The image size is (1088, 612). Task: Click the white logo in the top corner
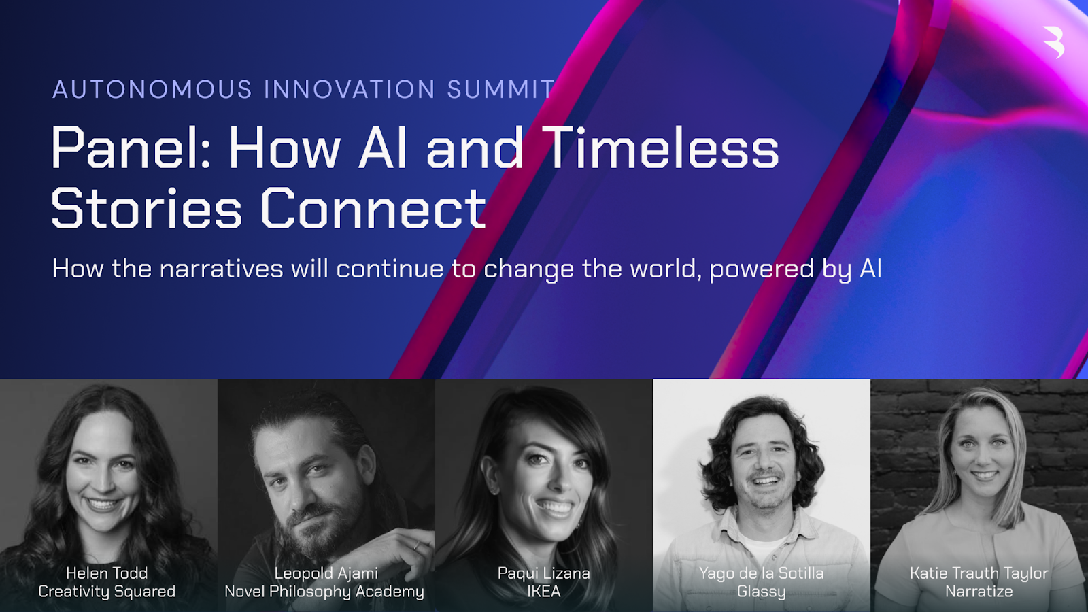[x=1053, y=42]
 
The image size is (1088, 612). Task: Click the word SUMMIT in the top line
[x=500, y=89]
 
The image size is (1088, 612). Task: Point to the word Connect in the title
[x=373, y=208]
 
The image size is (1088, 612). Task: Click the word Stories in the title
[x=146, y=208]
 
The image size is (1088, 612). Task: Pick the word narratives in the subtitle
[x=221, y=269]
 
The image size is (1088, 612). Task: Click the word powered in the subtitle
[x=762, y=270]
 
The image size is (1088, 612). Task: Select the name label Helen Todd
[x=107, y=573]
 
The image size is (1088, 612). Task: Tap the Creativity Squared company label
[x=107, y=592]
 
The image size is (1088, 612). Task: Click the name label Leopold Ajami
[x=326, y=574]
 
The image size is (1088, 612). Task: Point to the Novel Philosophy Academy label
[x=324, y=592]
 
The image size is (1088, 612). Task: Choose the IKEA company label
[x=544, y=592]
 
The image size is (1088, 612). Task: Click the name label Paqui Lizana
[x=544, y=574]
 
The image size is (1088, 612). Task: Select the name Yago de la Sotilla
[x=762, y=574]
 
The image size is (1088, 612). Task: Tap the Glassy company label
[x=762, y=592]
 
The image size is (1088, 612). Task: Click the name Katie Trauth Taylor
[x=979, y=574]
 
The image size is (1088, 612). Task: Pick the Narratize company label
[x=979, y=592]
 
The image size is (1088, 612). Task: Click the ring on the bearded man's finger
[x=416, y=545]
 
